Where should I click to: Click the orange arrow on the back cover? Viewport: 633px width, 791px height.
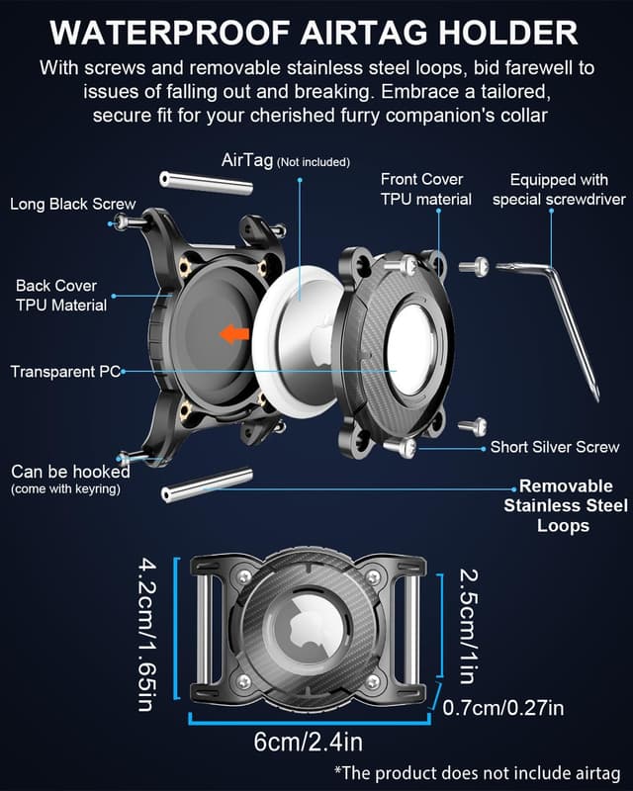click(x=234, y=333)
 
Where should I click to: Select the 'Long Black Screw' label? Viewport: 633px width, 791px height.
click(x=72, y=204)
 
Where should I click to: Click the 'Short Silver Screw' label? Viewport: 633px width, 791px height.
click(x=555, y=447)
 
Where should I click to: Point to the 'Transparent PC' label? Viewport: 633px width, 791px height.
click(x=65, y=372)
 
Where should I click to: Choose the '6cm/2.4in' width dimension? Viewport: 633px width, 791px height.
click(x=308, y=743)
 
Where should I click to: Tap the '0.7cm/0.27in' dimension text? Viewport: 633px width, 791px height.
click(x=503, y=708)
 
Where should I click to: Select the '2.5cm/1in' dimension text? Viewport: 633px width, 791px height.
click(x=468, y=626)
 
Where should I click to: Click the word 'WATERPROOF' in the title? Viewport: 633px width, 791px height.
click(x=170, y=34)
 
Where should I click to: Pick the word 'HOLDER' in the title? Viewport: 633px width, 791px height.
click(x=508, y=34)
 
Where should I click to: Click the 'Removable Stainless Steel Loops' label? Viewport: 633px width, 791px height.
click(x=566, y=505)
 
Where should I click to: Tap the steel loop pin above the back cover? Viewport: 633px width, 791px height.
click(x=206, y=183)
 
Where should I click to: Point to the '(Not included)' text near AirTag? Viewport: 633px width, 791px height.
click(x=314, y=162)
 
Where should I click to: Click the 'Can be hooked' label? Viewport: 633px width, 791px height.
click(x=70, y=472)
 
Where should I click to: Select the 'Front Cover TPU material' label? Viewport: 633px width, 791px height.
click(x=426, y=189)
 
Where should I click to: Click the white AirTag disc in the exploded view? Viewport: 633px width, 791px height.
click(x=296, y=338)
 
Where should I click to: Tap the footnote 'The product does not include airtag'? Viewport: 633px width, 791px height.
click(x=478, y=773)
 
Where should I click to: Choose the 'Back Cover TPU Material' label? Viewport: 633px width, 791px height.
click(x=61, y=295)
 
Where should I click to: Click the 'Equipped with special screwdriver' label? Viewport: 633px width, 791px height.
click(x=559, y=189)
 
